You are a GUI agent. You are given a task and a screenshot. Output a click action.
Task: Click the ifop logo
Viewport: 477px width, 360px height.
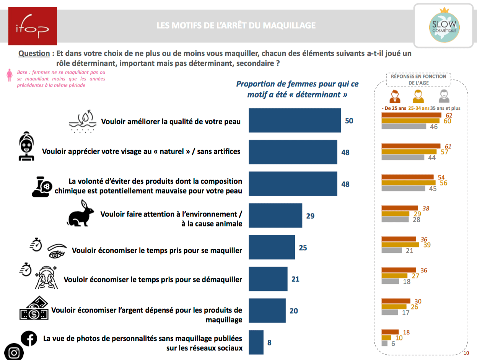33,26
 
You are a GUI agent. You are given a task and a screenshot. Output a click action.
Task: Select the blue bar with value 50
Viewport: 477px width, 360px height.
295,121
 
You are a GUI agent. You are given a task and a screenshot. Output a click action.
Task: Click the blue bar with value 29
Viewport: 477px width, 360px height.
275,216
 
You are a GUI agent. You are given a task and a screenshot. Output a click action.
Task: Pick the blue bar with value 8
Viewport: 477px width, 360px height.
256,342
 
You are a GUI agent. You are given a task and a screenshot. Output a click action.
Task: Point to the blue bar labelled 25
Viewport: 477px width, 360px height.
272,248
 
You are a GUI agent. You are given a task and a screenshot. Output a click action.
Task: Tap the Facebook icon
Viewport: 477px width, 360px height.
29,338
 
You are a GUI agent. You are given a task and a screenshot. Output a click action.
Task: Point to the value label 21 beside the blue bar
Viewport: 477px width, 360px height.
295,279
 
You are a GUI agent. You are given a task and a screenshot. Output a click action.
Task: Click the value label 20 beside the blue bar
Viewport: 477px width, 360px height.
294,311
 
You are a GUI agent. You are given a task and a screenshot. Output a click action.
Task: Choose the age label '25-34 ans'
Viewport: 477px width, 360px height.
419,108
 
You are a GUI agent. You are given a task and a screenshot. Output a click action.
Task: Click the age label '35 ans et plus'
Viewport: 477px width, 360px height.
446,108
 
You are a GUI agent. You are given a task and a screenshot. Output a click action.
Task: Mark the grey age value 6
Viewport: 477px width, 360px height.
393,344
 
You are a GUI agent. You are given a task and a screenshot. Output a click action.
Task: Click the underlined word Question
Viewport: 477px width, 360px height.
34,54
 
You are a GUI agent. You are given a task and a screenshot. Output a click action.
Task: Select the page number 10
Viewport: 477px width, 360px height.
466,353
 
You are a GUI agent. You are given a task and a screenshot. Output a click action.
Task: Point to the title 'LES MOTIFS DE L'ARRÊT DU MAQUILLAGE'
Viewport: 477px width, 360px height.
236,26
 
